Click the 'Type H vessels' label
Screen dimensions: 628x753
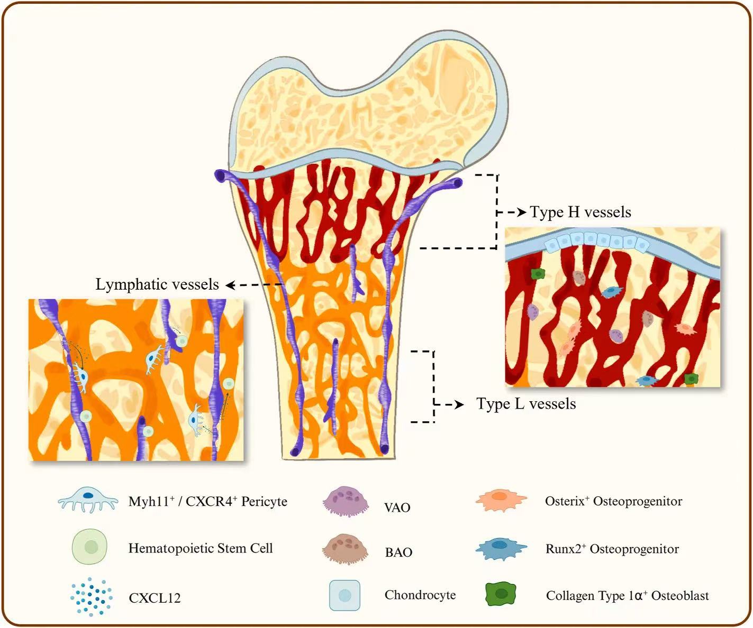[x=580, y=212]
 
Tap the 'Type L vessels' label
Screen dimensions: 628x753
[x=526, y=404]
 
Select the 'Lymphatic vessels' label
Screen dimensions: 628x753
[x=157, y=284]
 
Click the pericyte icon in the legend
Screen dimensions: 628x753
[x=88, y=501]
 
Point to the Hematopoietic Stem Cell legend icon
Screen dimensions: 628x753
[x=90, y=547]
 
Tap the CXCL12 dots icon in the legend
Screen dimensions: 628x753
[x=91, y=597]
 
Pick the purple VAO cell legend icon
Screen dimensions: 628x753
[x=346, y=501]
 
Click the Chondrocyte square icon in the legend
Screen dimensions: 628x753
[x=344, y=595]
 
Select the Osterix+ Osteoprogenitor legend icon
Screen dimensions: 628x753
[x=501, y=500]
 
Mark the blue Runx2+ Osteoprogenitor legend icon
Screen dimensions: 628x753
[x=501, y=549]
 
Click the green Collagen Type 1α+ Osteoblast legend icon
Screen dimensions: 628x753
[x=501, y=594]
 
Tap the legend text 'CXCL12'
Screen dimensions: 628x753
[x=155, y=598]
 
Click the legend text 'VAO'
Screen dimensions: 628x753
[x=397, y=507]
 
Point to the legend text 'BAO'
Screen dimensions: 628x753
[x=398, y=552]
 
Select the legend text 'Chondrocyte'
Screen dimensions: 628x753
[x=420, y=595]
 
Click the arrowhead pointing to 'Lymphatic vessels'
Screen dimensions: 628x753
[x=230, y=285]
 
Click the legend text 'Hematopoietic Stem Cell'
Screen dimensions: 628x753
[x=201, y=548]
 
